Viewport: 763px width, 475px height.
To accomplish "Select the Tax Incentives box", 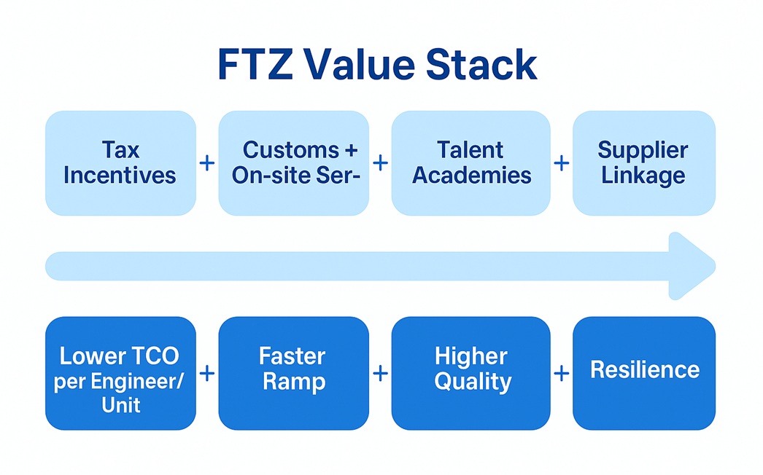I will point(120,162).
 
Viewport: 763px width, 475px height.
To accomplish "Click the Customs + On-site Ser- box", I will point(293,162).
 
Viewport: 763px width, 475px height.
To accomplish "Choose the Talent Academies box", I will point(470,162).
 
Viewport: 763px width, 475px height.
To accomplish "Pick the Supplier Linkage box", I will point(643,162).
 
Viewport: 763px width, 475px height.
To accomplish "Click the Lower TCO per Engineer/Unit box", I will point(120,373).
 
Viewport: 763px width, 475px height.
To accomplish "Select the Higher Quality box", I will point(470,373).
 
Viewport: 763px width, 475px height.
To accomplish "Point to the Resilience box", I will point(643,373).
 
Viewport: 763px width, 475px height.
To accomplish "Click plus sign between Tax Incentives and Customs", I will point(207,162).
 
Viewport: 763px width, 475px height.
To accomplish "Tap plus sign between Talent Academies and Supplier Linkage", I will point(561,162).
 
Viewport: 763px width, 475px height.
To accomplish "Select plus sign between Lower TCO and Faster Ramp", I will point(207,374).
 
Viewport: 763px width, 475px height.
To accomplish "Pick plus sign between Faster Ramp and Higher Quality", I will point(380,374).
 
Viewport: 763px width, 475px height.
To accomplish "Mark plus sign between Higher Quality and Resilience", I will point(561,374).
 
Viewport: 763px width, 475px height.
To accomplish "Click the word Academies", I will point(471,176).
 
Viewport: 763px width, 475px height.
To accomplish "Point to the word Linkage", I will point(643,176).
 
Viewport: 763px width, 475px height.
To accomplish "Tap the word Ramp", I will point(293,382).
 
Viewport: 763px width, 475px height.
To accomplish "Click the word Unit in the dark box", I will point(120,405).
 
